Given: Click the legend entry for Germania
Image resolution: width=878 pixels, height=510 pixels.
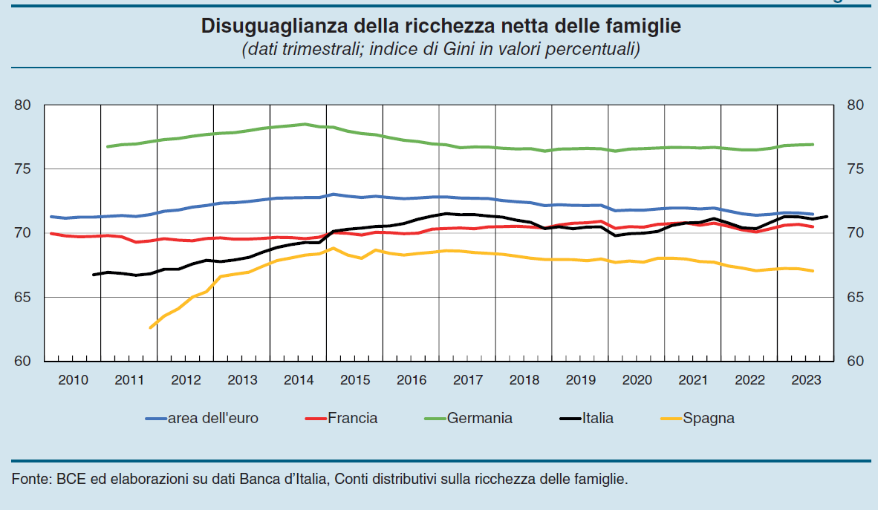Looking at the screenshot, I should (479, 418).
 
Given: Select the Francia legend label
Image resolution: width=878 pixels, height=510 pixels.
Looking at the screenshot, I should (353, 418).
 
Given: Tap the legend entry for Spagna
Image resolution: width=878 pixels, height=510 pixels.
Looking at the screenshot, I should (709, 418).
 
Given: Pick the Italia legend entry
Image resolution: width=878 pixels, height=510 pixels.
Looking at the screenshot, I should (597, 418).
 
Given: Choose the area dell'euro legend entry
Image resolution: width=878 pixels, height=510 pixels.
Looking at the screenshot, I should (212, 418).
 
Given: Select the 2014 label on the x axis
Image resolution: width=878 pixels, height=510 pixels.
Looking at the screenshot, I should (299, 381).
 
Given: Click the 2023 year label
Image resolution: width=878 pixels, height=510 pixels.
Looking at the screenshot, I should (805, 381).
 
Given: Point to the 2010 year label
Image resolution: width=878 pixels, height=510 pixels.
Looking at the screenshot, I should (73, 381).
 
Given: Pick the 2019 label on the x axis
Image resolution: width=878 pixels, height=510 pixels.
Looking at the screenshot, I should (580, 381).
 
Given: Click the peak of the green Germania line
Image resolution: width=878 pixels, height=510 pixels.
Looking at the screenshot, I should (305, 124).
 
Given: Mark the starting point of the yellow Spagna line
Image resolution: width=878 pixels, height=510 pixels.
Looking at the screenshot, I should (150, 327).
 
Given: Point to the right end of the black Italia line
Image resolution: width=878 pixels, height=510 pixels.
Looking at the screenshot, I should (827, 217).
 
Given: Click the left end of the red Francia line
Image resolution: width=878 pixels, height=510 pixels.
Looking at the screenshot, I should (51, 233).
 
